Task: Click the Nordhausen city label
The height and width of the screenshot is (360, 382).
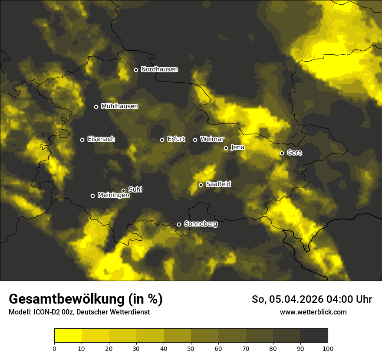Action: point(159,69)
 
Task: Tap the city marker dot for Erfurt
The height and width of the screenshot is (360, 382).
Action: point(162,140)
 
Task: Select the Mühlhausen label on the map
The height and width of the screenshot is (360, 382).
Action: point(119,106)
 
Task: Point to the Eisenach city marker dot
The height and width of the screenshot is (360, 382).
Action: point(82,140)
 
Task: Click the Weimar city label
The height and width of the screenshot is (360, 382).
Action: point(212,139)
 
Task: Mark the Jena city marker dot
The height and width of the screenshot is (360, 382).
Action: point(226,148)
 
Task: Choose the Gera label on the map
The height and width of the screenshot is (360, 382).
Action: point(294,153)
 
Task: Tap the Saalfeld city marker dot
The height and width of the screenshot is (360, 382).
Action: point(201,185)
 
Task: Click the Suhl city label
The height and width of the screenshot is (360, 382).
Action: point(135,190)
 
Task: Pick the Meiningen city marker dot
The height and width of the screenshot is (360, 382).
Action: point(92,196)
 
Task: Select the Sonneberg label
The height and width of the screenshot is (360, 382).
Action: point(201,224)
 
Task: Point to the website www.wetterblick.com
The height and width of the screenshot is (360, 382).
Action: point(313,312)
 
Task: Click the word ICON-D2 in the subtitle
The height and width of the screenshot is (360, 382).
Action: point(48,312)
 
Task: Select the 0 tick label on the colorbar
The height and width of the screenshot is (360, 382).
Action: point(54,348)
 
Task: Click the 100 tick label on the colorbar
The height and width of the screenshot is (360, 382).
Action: point(328,348)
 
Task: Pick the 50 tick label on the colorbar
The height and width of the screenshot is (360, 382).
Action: point(191,348)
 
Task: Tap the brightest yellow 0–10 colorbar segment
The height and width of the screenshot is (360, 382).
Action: point(68,335)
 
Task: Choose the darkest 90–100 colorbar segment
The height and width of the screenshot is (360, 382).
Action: point(314,335)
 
